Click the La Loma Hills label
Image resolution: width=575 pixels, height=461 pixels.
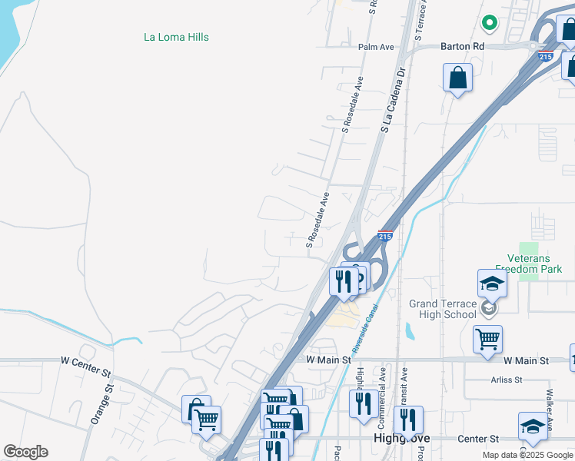176,37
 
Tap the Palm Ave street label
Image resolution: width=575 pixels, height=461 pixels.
376,47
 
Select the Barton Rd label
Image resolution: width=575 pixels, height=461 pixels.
462,47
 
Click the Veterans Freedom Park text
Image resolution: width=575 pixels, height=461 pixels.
534,264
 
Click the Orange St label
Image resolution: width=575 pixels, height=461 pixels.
101,404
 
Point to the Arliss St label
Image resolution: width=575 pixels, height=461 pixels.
506,380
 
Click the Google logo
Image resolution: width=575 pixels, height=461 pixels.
25,452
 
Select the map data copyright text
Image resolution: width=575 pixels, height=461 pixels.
528,455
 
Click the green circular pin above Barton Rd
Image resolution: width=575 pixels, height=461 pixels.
488,22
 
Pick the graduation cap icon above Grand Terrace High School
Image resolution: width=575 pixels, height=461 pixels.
492,284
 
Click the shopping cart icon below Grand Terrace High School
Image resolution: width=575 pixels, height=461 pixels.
487,339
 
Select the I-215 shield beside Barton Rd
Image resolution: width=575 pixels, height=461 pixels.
546,56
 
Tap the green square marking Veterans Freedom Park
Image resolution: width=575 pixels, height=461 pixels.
528,274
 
